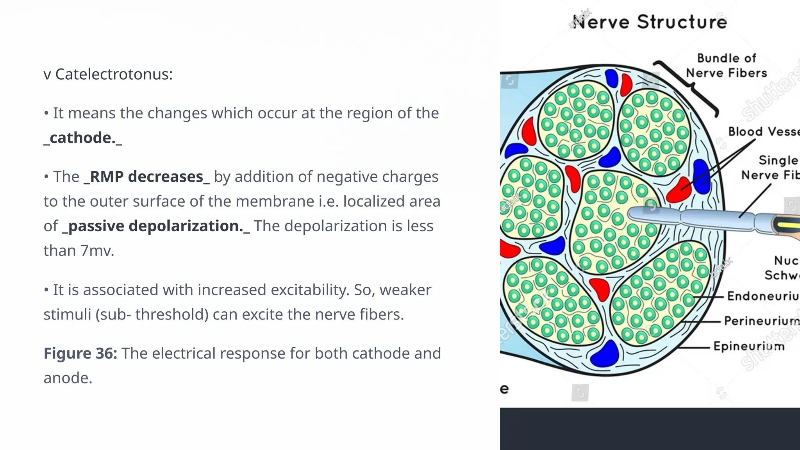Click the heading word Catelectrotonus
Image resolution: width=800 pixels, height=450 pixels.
coord(114,74)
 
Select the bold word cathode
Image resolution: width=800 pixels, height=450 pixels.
coord(83,138)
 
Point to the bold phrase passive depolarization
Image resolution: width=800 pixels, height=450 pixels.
coord(155,226)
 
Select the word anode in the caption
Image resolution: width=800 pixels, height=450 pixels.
coord(67,378)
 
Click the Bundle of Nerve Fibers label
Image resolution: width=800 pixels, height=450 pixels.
coord(727,66)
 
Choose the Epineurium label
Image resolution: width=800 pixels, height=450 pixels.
coord(749,346)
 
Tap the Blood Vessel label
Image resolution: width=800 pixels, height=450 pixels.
coord(764,132)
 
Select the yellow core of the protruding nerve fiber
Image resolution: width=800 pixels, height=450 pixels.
coord(789,226)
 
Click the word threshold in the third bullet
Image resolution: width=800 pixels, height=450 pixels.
coord(172,315)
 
